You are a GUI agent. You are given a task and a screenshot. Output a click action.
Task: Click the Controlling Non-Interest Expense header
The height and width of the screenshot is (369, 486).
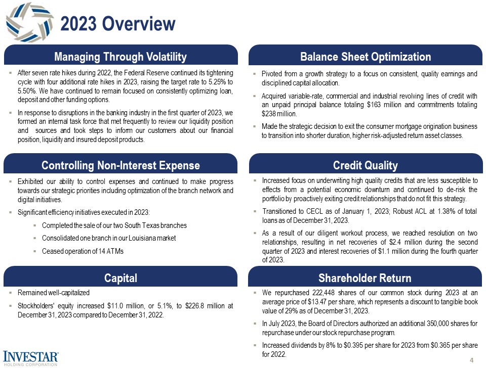tap(120, 166)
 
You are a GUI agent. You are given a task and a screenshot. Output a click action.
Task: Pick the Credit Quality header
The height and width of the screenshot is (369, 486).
tap(366, 166)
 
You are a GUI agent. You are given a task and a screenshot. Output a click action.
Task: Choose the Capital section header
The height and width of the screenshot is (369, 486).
tap(120, 278)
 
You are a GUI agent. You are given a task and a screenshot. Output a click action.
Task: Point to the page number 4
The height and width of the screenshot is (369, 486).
tap(471, 360)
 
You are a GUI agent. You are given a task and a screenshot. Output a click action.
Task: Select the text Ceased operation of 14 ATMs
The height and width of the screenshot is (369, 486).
tap(83, 251)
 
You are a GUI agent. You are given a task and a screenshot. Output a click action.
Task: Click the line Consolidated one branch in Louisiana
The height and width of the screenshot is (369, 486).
tap(109, 238)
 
